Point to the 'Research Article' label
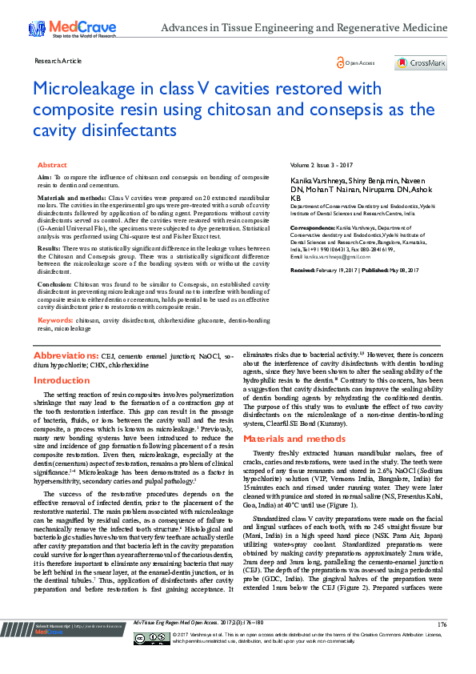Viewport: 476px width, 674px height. click(58, 61)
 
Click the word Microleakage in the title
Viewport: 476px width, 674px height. click(88, 88)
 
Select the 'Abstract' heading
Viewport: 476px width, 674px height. click(53, 164)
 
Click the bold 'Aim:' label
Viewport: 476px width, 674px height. click(46, 176)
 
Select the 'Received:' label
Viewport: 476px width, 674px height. click(307, 271)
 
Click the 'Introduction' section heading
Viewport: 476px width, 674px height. click(62, 381)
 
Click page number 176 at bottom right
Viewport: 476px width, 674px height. click(442, 646)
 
